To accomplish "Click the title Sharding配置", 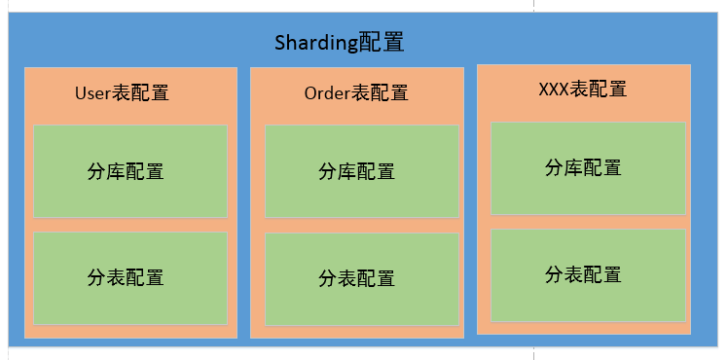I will tap(339, 43).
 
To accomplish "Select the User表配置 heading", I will tap(122, 93).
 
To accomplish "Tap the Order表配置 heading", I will tap(355, 93).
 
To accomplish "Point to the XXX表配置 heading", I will tap(582, 90).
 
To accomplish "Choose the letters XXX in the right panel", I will tap(554, 90).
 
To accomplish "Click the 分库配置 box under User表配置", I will tap(130, 171).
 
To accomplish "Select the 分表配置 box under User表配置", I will tap(130, 277).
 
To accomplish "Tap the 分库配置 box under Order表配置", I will tap(362, 171).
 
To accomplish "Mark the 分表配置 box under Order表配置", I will tap(362, 278).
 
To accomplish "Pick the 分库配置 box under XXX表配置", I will tap(588, 167).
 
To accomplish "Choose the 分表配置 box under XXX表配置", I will tap(588, 274).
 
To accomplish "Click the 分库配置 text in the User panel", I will tap(126, 172).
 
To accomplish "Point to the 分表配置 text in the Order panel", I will tap(356, 279).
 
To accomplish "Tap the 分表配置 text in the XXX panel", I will tap(582, 274).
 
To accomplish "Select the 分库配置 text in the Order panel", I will tap(356, 172).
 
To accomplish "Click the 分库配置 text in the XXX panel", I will tap(582, 167).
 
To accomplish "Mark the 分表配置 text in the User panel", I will tap(126, 277).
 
